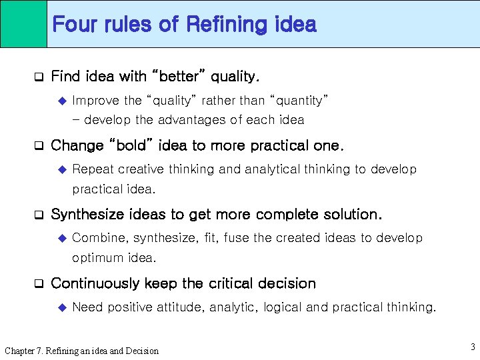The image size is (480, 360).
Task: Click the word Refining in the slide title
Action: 227,25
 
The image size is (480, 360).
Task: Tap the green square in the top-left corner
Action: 23,23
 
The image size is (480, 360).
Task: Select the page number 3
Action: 472,347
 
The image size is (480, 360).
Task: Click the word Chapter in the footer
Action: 21,351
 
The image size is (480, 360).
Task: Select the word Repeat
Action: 93,169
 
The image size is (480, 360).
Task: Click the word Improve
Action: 96,101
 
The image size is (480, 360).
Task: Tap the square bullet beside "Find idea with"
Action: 39,77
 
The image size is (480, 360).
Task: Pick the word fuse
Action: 237,238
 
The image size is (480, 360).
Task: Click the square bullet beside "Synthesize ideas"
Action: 39,215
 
